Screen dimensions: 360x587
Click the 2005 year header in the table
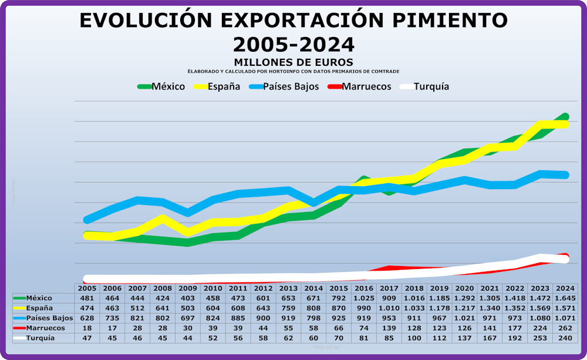[x=87, y=288]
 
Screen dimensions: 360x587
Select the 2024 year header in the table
[x=565, y=288]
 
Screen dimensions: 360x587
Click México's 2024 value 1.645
[x=565, y=298]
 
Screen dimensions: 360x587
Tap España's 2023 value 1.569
[x=539, y=308]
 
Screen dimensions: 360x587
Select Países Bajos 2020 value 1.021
[x=464, y=318]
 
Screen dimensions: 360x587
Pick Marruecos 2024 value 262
[x=565, y=328]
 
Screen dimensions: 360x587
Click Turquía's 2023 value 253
[x=539, y=338]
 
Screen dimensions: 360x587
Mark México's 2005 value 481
[x=87, y=298]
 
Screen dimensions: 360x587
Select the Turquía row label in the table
[x=41, y=338]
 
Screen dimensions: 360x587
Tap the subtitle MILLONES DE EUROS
[x=293, y=62]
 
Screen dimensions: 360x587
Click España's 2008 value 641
[x=162, y=308]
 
